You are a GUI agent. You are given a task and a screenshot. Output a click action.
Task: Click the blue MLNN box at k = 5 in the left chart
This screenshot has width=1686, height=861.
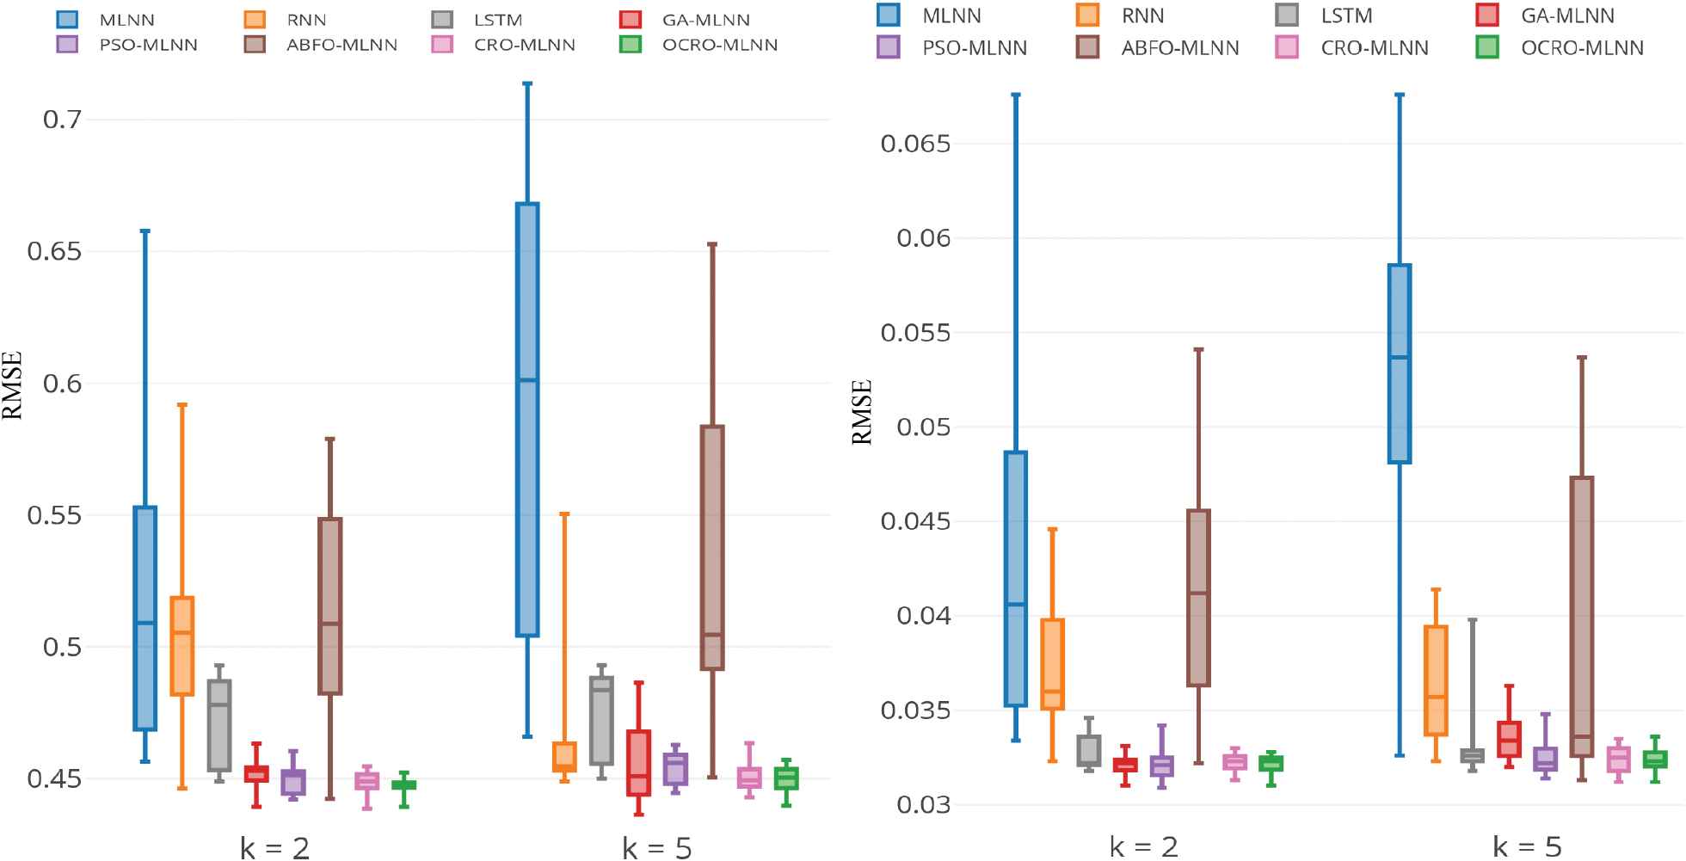(x=527, y=419)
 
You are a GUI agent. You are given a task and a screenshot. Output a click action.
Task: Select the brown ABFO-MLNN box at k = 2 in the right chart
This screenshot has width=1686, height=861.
(x=1198, y=598)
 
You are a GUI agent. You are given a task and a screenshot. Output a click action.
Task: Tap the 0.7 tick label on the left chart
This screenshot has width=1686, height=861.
(x=62, y=119)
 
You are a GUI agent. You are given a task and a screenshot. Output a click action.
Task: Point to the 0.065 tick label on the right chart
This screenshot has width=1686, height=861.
(x=915, y=144)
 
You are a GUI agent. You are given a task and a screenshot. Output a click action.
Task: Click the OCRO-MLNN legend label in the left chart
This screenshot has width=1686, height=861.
(x=719, y=45)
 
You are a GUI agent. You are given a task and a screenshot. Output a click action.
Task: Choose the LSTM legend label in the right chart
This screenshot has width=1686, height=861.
(x=1346, y=16)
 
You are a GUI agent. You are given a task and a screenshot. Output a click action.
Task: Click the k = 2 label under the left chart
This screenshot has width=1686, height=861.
(x=274, y=848)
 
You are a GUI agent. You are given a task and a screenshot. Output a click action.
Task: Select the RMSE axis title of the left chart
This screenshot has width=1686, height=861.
(x=12, y=385)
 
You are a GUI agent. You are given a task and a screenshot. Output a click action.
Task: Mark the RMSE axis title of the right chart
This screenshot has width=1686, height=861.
(x=862, y=412)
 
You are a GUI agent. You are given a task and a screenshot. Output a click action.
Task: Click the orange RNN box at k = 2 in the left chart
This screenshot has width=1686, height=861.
(x=182, y=645)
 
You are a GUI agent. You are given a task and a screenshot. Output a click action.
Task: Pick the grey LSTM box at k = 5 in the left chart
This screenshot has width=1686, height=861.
(x=602, y=720)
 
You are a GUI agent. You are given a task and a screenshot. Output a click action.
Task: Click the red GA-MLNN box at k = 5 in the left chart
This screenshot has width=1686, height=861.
(x=638, y=762)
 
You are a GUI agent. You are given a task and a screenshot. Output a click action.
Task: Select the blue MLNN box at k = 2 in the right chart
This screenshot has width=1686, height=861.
(x=1016, y=578)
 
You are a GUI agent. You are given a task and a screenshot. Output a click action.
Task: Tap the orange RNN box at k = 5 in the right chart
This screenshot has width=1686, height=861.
(x=1436, y=680)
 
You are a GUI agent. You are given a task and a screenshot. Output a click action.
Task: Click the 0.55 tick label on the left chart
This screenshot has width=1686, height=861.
(x=54, y=515)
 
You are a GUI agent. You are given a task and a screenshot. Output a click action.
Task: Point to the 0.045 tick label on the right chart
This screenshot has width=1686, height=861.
(x=915, y=522)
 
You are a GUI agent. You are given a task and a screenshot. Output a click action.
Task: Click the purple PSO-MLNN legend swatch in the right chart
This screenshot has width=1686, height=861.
(x=889, y=48)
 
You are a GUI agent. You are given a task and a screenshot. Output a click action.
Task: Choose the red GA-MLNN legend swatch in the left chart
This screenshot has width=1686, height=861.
(x=631, y=20)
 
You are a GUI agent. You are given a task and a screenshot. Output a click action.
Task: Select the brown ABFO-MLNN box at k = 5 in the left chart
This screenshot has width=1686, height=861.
(x=712, y=547)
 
